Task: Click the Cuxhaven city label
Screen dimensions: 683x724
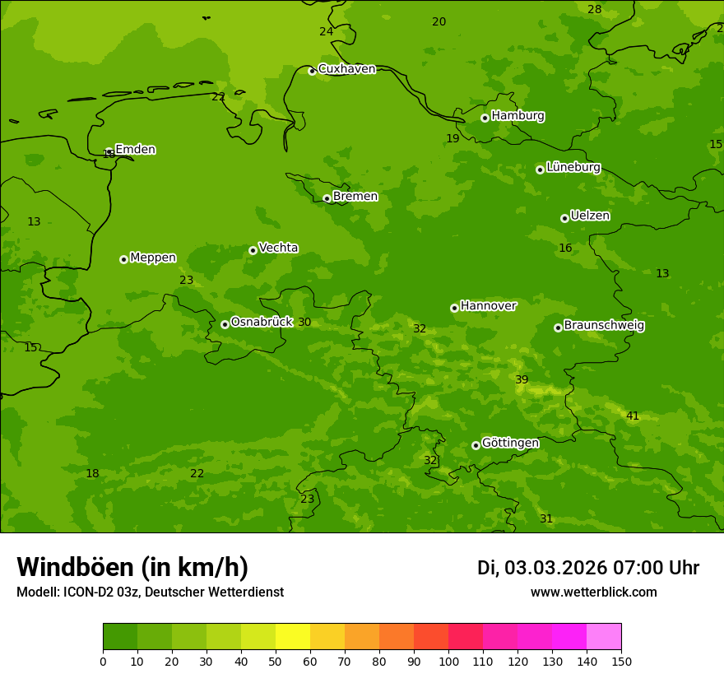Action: point(346,69)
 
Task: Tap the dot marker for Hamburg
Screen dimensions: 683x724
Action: point(485,118)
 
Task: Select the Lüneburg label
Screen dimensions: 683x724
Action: point(573,167)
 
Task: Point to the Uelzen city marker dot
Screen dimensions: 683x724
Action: point(564,218)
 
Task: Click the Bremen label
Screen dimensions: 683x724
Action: point(355,197)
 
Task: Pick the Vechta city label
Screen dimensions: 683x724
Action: point(278,248)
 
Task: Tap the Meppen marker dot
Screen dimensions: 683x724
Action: point(123,259)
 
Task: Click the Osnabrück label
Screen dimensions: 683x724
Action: point(261,322)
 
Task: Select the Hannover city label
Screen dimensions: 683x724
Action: point(488,306)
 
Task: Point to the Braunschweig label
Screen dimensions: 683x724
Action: point(604,326)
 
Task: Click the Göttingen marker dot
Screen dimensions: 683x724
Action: point(476,445)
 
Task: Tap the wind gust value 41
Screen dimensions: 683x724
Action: point(632,416)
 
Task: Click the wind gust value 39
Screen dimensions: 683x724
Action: point(522,380)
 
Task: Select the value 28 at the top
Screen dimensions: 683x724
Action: point(594,10)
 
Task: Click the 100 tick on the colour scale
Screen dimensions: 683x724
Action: point(448,661)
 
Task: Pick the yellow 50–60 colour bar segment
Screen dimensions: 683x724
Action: point(293,637)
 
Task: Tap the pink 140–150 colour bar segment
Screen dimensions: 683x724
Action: point(603,637)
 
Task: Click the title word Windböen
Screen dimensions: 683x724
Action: point(75,567)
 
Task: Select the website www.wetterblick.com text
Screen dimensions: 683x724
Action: point(593,592)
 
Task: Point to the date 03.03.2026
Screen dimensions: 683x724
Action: point(555,568)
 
